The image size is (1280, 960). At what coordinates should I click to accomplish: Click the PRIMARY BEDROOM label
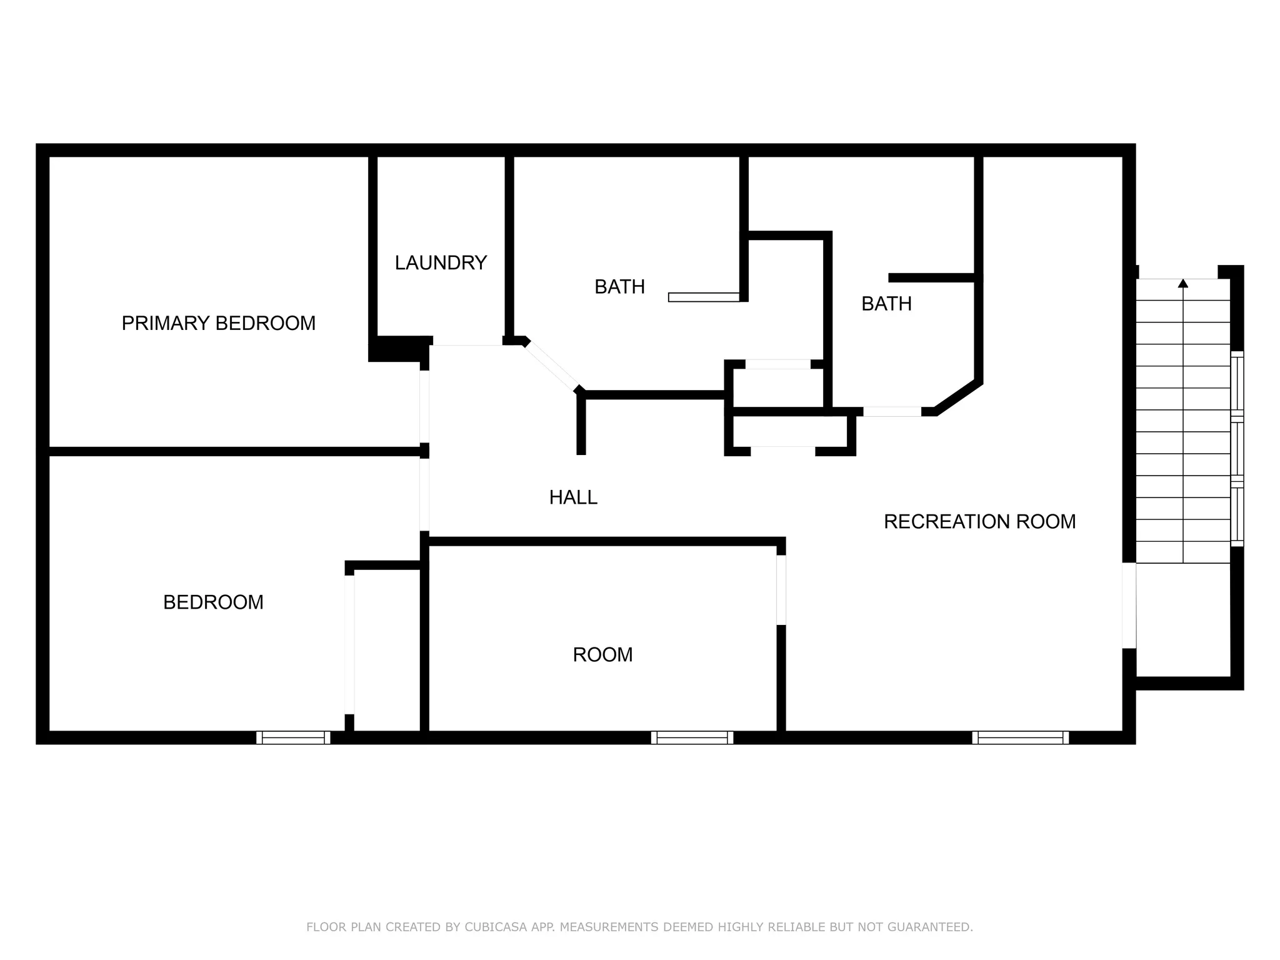point(218,323)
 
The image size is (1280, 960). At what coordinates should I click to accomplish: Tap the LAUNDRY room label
point(441,262)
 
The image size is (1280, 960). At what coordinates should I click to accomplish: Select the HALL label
point(573,497)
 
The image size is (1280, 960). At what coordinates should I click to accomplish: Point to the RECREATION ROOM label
point(979,521)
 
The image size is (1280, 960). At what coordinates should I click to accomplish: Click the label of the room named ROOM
point(602,654)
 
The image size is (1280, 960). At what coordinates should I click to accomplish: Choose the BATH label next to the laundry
point(619,287)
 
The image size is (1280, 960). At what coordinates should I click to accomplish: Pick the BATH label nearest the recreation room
point(886,304)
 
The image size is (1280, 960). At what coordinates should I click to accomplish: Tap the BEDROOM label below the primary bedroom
point(213,602)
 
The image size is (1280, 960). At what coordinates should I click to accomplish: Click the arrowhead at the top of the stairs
point(1182,284)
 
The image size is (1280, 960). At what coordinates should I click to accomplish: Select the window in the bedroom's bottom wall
point(293,737)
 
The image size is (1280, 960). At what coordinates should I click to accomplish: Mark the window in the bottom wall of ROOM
point(692,737)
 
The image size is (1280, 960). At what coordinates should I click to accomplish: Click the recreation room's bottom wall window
point(1020,737)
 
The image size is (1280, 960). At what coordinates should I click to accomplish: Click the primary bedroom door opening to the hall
point(424,406)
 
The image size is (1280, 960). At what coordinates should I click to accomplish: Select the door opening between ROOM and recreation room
point(781,589)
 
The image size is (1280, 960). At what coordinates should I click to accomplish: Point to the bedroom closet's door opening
point(349,644)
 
